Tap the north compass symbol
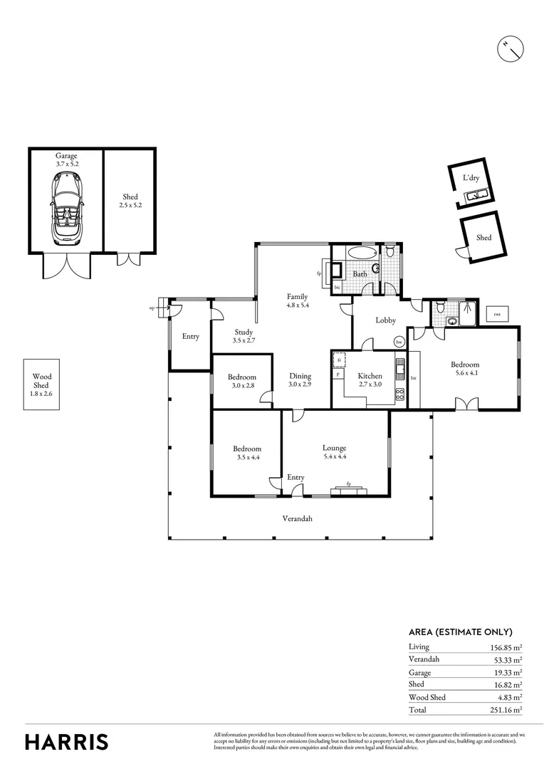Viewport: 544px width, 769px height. point(511,48)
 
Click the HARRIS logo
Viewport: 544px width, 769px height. point(67,742)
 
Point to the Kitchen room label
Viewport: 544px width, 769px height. point(370,376)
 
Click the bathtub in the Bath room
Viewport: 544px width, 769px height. point(358,253)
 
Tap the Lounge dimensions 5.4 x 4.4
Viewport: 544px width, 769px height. point(334,457)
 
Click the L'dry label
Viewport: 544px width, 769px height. point(471,177)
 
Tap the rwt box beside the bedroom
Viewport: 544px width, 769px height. point(496,314)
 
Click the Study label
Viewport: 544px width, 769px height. point(244,332)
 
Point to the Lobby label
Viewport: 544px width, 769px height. point(385,320)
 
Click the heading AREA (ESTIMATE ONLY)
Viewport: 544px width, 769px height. point(460,632)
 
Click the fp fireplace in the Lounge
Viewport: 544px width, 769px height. point(349,485)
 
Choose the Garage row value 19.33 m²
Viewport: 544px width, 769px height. point(506,672)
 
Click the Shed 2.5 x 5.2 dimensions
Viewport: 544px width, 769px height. point(130,205)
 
